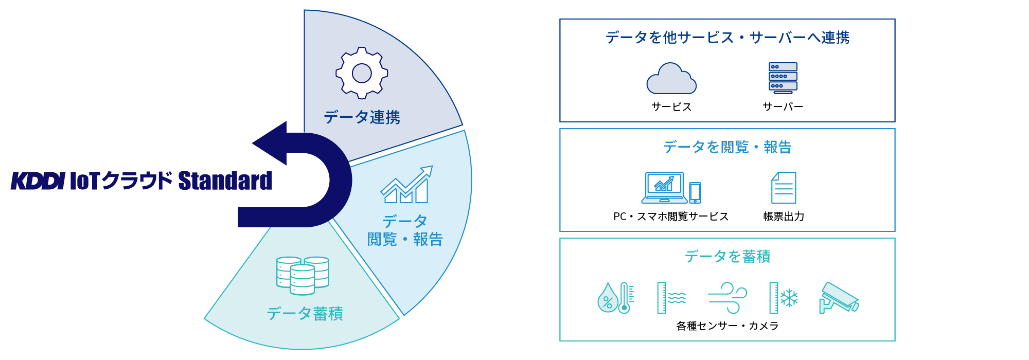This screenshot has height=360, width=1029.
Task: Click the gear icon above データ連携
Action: [x=362, y=73]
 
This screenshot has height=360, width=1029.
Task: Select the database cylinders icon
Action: [x=303, y=276]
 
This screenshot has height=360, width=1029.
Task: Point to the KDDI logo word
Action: [x=38, y=181]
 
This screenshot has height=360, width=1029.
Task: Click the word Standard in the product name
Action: [x=225, y=181]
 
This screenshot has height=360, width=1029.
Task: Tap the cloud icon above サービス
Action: [x=671, y=79]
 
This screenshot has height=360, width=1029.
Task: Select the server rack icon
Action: [x=783, y=78]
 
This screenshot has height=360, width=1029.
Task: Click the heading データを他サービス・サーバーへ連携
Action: [x=727, y=38]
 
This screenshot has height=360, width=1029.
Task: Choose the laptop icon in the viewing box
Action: [x=664, y=188]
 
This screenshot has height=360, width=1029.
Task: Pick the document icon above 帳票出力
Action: [x=784, y=188]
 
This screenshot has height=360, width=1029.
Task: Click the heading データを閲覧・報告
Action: [x=727, y=147]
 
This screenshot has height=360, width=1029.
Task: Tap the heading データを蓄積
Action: [x=727, y=257]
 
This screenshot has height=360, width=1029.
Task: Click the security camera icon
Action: [x=839, y=298]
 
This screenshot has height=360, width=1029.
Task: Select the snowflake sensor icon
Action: [x=788, y=298]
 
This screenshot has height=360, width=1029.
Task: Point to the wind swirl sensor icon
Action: [x=728, y=298]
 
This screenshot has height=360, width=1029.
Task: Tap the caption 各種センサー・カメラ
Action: [x=727, y=326]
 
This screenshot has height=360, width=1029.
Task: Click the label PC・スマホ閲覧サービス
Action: [x=671, y=217]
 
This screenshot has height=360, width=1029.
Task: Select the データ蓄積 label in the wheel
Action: [x=305, y=314]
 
